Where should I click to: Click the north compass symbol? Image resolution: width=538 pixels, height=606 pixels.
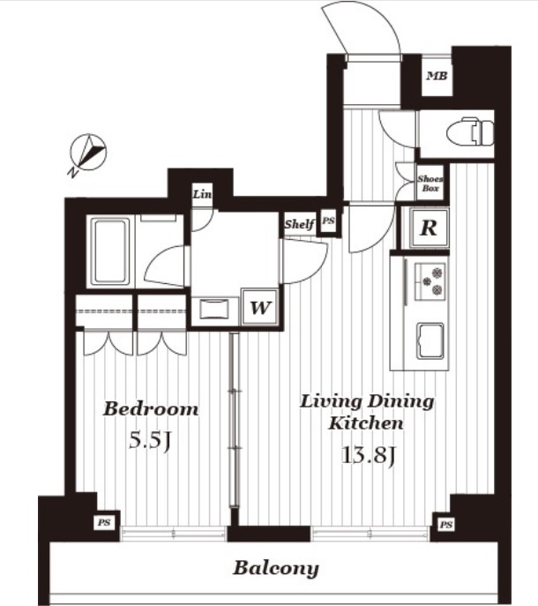click(87, 153)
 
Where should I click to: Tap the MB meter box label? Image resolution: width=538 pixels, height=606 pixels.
click(437, 76)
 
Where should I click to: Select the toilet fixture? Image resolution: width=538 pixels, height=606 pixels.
click(470, 131)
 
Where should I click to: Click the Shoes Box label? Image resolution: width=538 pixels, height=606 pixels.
click(430, 183)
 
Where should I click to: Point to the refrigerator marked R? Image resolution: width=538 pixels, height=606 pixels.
click(429, 228)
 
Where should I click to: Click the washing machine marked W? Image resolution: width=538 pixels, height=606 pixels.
click(259, 307)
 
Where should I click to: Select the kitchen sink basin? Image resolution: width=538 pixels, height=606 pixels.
click(430, 340)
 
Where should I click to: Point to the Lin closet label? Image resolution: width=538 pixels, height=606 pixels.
click(202, 194)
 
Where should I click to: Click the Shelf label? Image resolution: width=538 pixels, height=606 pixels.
click(299, 224)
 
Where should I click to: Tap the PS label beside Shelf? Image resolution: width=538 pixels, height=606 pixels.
click(328, 221)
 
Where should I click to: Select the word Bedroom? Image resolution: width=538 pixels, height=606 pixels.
click(151, 409)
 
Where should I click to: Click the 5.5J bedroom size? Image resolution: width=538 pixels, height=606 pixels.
click(150, 440)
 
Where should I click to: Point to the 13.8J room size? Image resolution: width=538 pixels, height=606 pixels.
click(369, 455)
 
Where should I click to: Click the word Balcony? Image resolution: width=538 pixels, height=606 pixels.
click(276, 569)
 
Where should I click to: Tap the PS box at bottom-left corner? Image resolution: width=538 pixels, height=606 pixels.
click(103, 522)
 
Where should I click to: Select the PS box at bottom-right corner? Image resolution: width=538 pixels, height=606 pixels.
click(445, 525)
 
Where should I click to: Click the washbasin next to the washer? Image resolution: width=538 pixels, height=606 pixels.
click(214, 310)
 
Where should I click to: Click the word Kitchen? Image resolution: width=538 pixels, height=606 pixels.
click(366, 423)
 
